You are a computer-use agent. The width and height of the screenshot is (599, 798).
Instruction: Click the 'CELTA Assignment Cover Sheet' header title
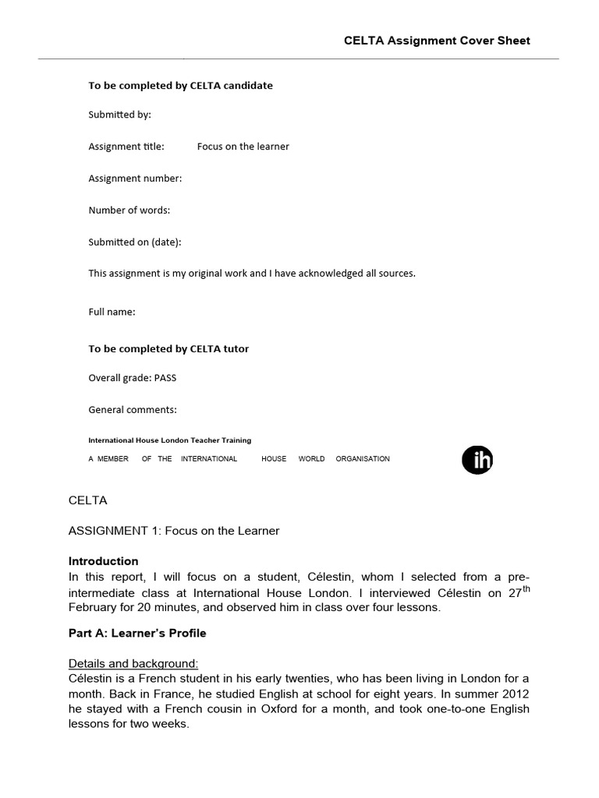pyautogui.click(x=437, y=41)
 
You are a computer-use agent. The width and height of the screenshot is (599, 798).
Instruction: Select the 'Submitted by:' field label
pyautogui.click(x=119, y=115)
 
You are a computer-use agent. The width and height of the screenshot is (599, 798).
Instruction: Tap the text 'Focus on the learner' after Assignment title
pyautogui.click(x=243, y=147)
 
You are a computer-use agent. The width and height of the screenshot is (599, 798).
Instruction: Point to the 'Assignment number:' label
pyautogui.click(x=135, y=178)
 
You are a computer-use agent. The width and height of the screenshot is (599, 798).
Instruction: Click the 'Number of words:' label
pyautogui.click(x=129, y=210)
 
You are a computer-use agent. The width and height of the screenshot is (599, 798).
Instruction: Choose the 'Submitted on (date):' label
pyautogui.click(x=134, y=242)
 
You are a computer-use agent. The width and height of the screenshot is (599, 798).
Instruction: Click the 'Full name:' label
pyautogui.click(x=112, y=312)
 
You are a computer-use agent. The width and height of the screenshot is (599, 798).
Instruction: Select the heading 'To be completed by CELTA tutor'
pyautogui.click(x=168, y=349)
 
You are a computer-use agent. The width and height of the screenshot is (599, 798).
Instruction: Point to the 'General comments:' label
pyautogui.click(x=133, y=410)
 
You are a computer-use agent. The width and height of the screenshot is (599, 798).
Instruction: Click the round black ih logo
pyautogui.click(x=477, y=461)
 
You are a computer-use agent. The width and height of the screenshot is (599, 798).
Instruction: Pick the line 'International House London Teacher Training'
pyautogui.click(x=169, y=440)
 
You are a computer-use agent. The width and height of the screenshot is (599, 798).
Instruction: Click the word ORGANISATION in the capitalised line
pyautogui.click(x=363, y=459)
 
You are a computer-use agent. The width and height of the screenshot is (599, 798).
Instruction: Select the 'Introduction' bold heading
pyautogui.click(x=103, y=561)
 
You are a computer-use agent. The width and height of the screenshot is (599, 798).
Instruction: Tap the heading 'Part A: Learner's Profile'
pyautogui.click(x=137, y=634)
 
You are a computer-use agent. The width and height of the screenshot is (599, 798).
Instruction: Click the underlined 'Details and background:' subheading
pyautogui.click(x=133, y=664)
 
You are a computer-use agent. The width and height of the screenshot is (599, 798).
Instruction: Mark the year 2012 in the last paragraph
pyautogui.click(x=516, y=694)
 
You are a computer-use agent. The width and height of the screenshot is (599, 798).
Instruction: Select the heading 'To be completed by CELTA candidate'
pyautogui.click(x=180, y=86)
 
